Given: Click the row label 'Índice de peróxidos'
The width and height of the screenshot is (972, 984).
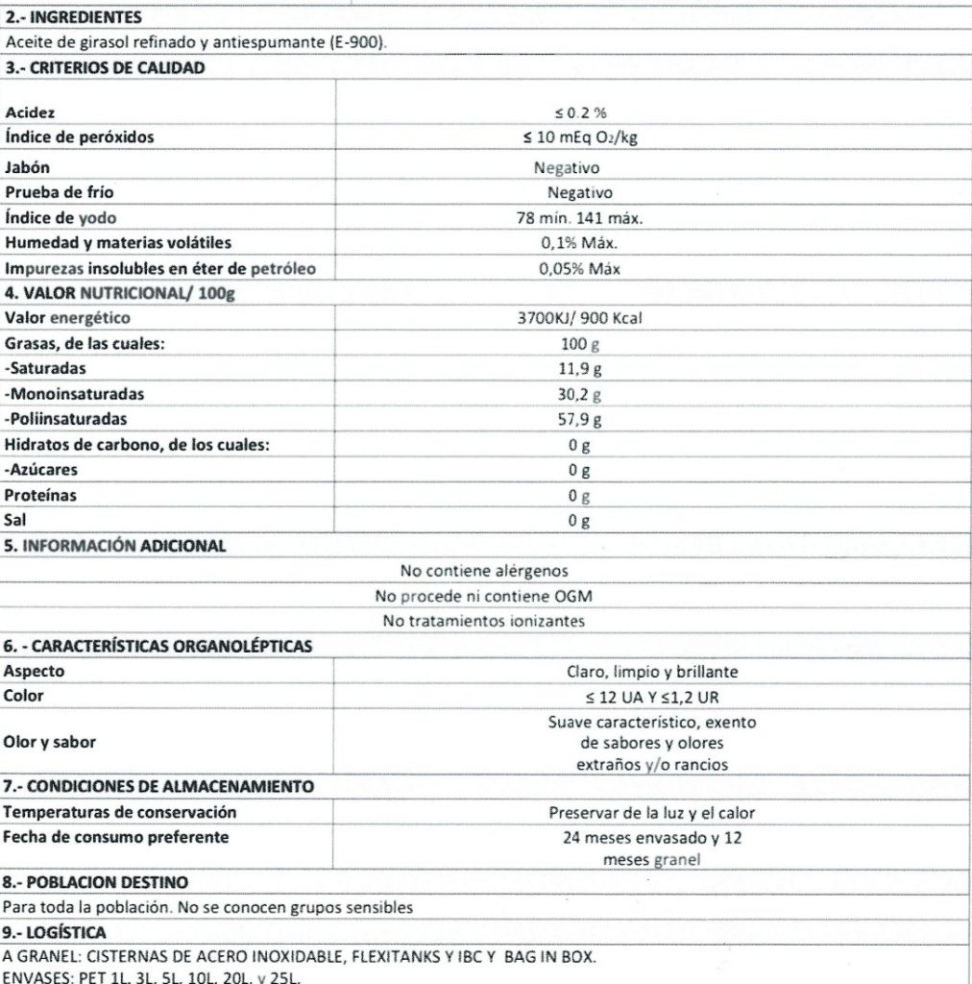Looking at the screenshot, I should click(x=80, y=137).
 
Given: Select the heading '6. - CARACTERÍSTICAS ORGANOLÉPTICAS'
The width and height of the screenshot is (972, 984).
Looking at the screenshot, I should click(x=158, y=646).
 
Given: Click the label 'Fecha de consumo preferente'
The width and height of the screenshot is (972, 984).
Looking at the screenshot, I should click(x=116, y=837).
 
